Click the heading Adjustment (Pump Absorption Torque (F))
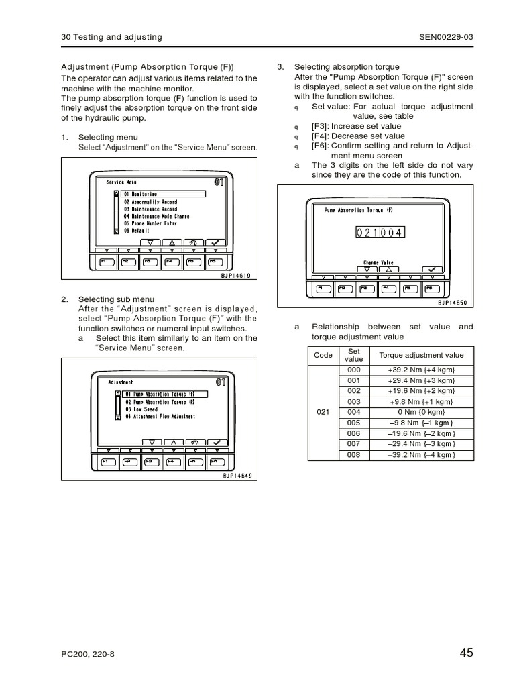pos(148,67)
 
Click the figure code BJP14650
pos(452,303)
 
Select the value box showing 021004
pos(380,232)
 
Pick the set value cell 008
pos(353,454)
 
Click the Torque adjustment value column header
pos(421,355)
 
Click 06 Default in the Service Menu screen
pos(136,230)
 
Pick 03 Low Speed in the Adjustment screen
pos(141,409)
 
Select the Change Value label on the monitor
pos(378,263)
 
